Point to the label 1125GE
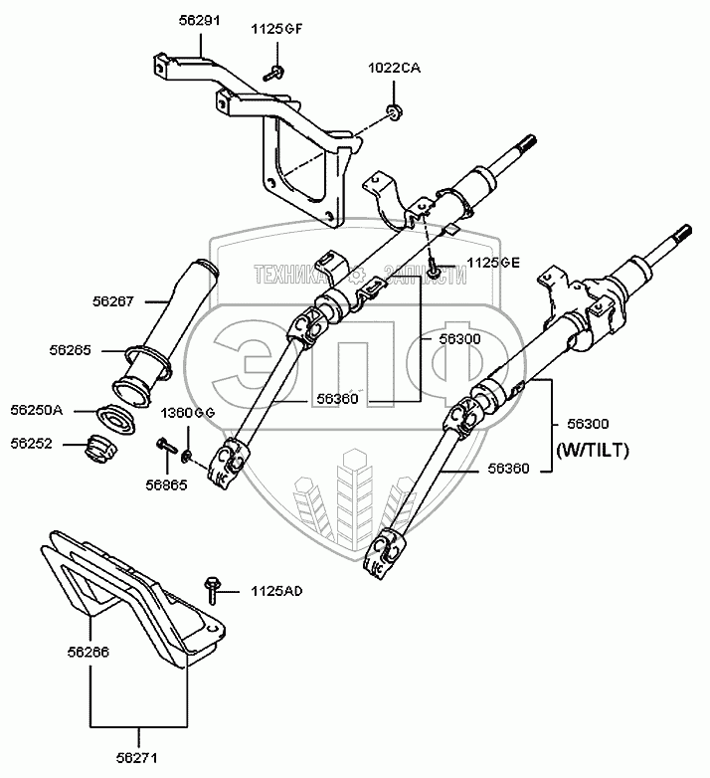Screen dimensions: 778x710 [x=465, y=263]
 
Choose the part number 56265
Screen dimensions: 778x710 [x=70, y=349]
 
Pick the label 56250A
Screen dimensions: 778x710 [x=36, y=409]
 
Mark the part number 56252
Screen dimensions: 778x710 [x=34, y=444]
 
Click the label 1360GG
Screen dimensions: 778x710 [x=189, y=412]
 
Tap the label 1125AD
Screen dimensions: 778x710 [x=277, y=591]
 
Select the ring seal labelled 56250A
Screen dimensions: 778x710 [x=115, y=417]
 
